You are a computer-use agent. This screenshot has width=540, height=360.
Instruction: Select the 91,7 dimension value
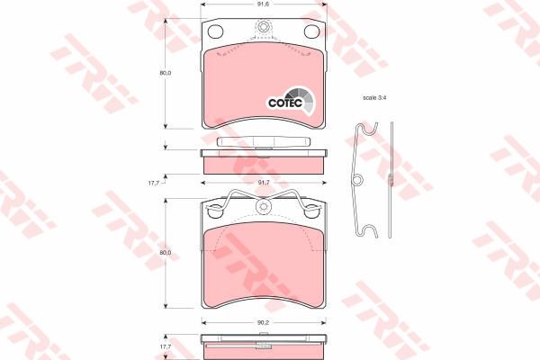click(263, 183)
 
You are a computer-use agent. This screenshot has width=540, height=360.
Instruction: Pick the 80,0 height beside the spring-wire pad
click(165, 253)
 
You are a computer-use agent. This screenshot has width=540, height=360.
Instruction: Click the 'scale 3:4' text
click(375, 97)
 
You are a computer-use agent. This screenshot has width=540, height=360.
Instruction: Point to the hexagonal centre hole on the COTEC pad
click(263, 28)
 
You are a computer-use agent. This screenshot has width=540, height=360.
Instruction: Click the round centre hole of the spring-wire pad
click(263, 207)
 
